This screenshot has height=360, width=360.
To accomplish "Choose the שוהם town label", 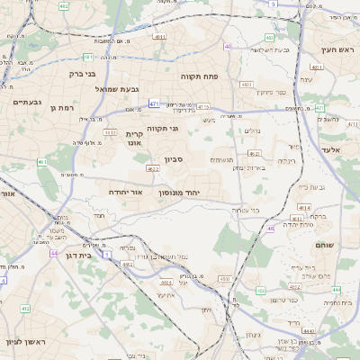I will (325, 244).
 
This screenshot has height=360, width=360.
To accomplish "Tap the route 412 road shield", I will (25, 309).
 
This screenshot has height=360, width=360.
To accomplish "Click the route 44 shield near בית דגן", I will (54, 253).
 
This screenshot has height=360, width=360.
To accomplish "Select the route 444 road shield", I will (336, 290).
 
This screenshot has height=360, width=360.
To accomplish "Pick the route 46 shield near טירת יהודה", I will (269, 229).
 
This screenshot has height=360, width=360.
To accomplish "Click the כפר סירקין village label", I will (269, 92).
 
